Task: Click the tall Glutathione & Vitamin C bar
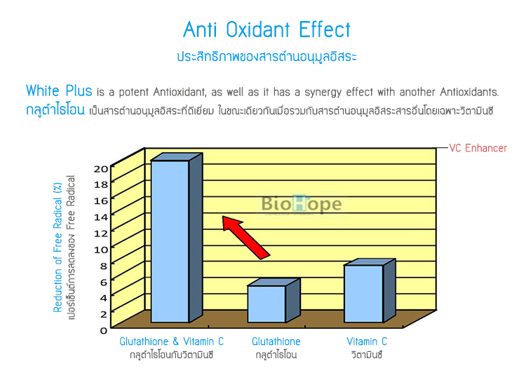pos(177,238)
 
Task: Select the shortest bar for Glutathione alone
pos(273,301)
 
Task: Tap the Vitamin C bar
pos(370,290)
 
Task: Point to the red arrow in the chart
pos(245,237)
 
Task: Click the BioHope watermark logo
pos(302,203)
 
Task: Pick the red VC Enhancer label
pos(478,148)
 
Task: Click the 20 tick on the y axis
pos(100,169)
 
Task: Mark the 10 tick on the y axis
pos(100,250)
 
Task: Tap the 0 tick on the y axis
pos(104,331)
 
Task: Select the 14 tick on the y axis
pos(100,217)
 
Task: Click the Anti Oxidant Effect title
pos(267,29)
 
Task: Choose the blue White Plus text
pos(59,90)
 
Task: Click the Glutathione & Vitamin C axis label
pos(171,341)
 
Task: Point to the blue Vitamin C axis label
pos(367,341)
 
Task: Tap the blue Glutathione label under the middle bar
pos(276,341)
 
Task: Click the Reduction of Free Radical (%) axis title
pos(58,247)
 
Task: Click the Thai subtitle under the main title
pos(267,56)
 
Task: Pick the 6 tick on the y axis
pos(104,282)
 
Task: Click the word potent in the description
pos(134,93)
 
